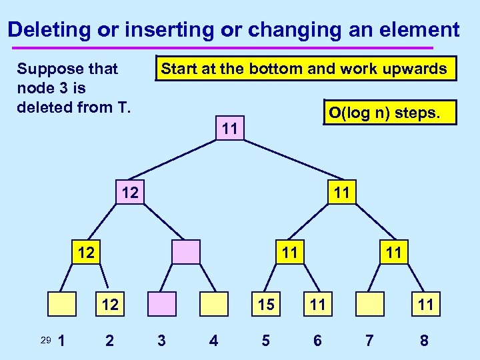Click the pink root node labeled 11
click(x=230, y=127)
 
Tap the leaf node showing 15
click(x=265, y=305)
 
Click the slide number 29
click(x=45, y=341)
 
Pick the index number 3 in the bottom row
click(x=161, y=341)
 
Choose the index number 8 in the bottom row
click(x=424, y=341)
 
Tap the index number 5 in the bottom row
click(x=265, y=341)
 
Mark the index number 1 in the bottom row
click(x=62, y=341)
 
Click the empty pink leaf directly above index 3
click(x=161, y=305)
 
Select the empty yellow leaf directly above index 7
click(x=371, y=305)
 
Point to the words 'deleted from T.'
click(x=73, y=107)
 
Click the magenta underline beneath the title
click(x=220, y=48)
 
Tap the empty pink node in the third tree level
click(x=186, y=252)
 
